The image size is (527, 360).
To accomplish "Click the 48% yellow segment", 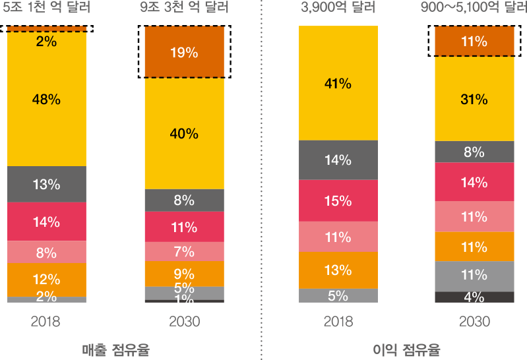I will [46, 99].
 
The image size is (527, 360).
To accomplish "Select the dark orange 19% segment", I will [184, 53].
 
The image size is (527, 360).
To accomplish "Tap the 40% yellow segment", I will [184, 133].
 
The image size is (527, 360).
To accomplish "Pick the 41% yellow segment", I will [338, 84].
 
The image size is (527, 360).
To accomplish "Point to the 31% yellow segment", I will [474, 99].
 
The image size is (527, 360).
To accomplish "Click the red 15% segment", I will [338, 201].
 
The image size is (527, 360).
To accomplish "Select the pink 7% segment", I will [184, 251].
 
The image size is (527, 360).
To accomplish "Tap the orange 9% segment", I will [184, 274].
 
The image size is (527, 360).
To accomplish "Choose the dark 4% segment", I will [474, 297].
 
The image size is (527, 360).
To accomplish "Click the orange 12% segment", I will [46, 280].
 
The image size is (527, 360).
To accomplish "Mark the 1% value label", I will [184, 301].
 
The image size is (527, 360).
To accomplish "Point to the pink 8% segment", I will [46, 253].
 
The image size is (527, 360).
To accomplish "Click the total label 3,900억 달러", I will [338, 9].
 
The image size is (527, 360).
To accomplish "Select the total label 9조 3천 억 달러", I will [184, 9].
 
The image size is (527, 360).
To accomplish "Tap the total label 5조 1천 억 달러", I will [46, 9].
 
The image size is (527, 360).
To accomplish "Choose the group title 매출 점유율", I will [115, 349].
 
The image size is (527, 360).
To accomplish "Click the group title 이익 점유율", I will [406, 349].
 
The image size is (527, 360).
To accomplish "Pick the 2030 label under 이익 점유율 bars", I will [474, 322].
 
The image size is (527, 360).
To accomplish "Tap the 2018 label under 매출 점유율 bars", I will [46, 322].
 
